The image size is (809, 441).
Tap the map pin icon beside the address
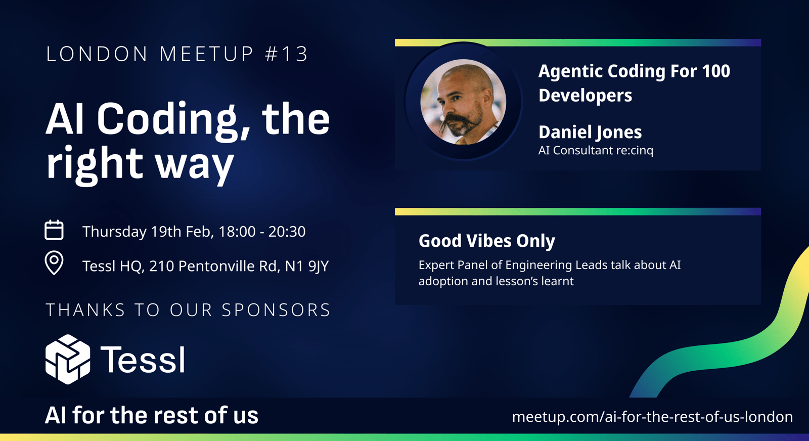click(x=54, y=262)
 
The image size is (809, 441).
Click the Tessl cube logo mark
click(x=68, y=359)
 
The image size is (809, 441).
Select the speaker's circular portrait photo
click(x=463, y=102)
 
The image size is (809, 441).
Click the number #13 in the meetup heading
click(x=286, y=54)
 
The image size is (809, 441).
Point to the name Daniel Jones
click(x=590, y=132)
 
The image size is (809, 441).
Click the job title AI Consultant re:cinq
click(x=596, y=150)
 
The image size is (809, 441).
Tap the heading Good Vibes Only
click(x=486, y=241)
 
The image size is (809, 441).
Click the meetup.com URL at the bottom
click(x=652, y=416)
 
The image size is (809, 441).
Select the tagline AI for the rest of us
click(x=152, y=415)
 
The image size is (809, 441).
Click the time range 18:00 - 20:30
click(x=262, y=232)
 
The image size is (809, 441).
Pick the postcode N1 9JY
click(x=306, y=266)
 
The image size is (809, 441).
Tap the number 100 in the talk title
click(x=716, y=71)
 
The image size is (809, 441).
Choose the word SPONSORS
click(x=276, y=310)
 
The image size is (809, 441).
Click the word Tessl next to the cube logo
click(x=142, y=360)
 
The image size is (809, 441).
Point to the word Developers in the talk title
click(x=585, y=96)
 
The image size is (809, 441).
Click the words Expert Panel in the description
click(x=453, y=265)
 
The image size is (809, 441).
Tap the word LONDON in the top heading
click(x=97, y=54)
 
